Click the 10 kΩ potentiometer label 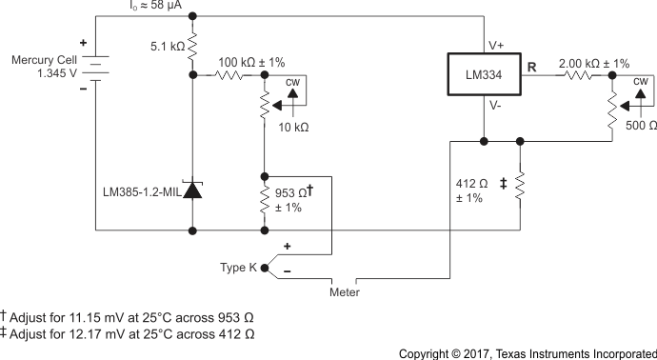coord(293,127)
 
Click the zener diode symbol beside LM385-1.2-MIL coord(193,190)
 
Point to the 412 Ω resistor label coord(472,182)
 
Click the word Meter coord(344,291)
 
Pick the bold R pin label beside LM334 coord(533,68)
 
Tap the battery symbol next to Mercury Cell coord(96,66)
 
